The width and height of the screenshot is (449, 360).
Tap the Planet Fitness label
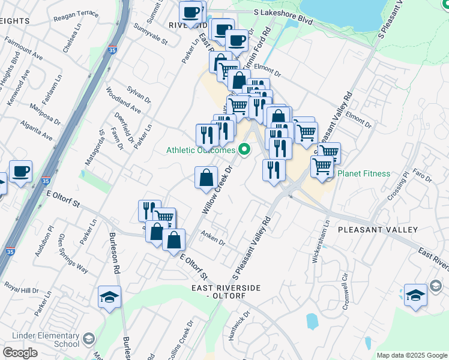[x=364, y=174]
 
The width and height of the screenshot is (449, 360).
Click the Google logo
[x=20, y=353]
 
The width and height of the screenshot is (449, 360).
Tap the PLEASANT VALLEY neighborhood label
[x=378, y=230]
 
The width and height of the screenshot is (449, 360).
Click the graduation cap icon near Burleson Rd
[x=110, y=297]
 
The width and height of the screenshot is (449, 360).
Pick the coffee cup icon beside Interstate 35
[x=20, y=172]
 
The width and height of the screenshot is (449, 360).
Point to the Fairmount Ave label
[x=23, y=48]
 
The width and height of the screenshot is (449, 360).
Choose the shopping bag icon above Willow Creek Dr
[x=206, y=178]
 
